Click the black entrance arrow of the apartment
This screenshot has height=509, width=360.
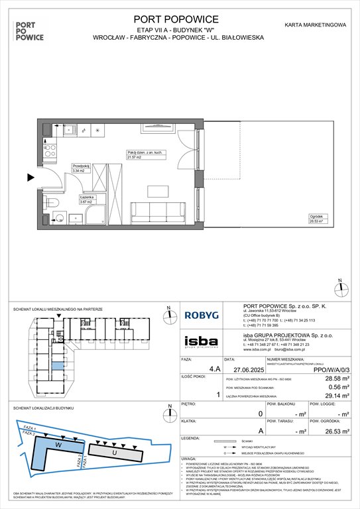click(x=30, y=178)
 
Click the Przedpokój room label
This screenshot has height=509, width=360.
click(x=80, y=168)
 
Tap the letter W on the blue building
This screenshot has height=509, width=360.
click(x=58, y=445)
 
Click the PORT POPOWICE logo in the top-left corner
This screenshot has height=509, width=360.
click(x=29, y=30)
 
